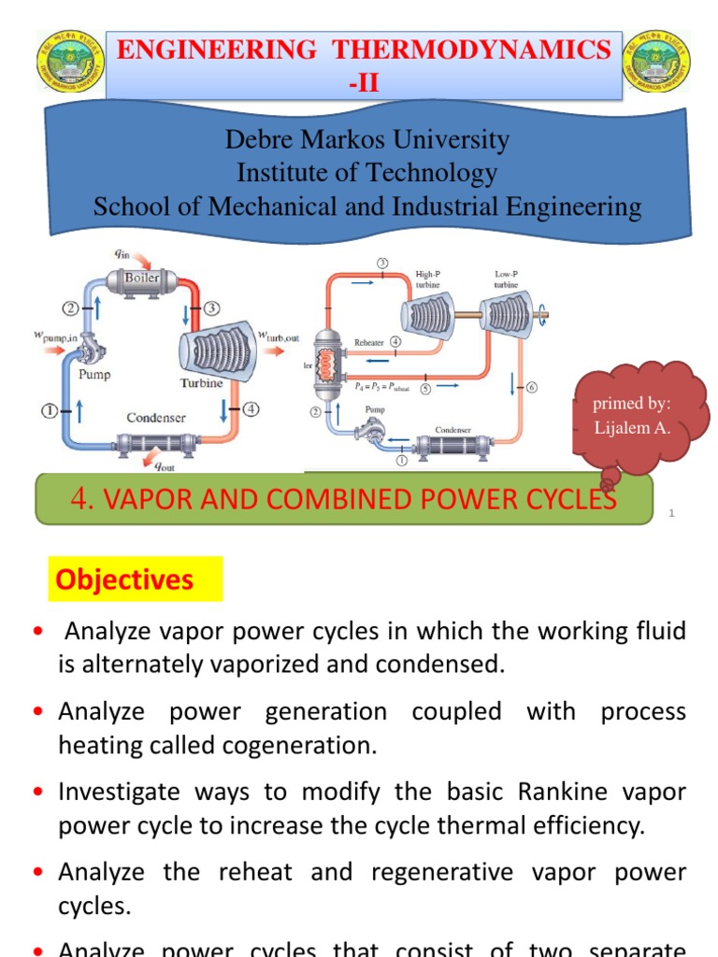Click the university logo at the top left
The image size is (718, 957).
(x=71, y=61)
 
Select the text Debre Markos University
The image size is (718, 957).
(x=367, y=140)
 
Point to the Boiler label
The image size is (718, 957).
(x=143, y=278)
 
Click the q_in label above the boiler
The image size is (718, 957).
(x=122, y=253)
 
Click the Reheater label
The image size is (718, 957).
(x=368, y=343)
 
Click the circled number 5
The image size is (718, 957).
(x=425, y=390)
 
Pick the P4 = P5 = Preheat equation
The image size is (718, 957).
(x=381, y=385)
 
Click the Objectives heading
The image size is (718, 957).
(x=124, y=580)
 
